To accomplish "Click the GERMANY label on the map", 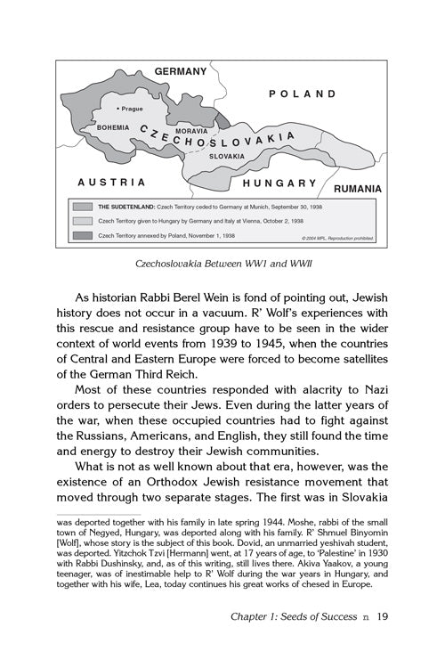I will [180, 71].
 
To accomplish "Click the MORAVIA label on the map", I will [191, 131].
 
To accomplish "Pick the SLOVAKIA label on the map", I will [227, 156].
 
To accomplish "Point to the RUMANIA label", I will [358, 189].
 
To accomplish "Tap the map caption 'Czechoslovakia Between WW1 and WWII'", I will [222, 265].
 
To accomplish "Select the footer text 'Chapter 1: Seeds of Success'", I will [291, 640].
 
